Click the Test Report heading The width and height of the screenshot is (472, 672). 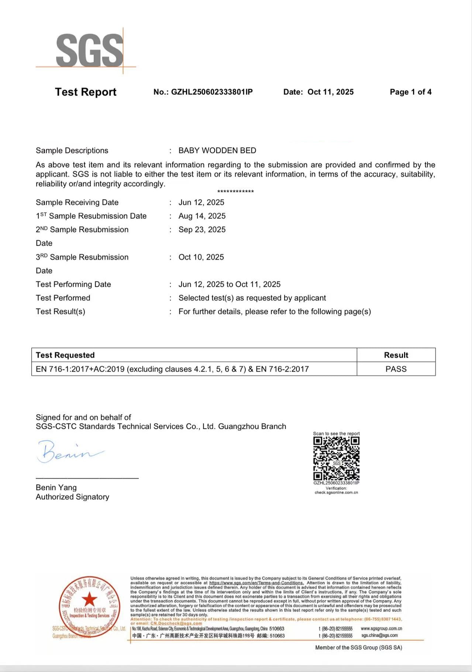point(86,92)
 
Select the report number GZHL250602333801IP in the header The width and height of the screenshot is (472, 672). point(212,92)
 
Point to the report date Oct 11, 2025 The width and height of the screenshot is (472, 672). point(330,92)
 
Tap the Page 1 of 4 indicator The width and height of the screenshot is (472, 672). point(410,92)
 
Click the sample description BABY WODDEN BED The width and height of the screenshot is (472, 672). point(217,151)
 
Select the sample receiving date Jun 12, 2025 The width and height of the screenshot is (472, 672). point(201,202)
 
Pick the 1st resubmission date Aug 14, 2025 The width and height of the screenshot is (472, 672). point(202,216)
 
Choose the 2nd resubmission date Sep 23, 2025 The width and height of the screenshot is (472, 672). point(202,230)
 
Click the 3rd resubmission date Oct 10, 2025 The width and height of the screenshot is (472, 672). point(201,257)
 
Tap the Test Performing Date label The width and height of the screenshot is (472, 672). point(73,285)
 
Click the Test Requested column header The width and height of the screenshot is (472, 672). point(65,355)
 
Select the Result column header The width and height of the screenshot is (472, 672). point(396,355)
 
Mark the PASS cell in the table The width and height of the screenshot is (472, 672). point(396,369)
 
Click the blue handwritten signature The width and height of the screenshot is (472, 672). point(68,451)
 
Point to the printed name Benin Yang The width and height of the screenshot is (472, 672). point(56,487)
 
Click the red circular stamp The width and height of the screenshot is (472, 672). point(89,607)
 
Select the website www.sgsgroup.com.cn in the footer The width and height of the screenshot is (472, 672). point(381,628)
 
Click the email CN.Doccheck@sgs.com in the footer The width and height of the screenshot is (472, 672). point(176,623)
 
